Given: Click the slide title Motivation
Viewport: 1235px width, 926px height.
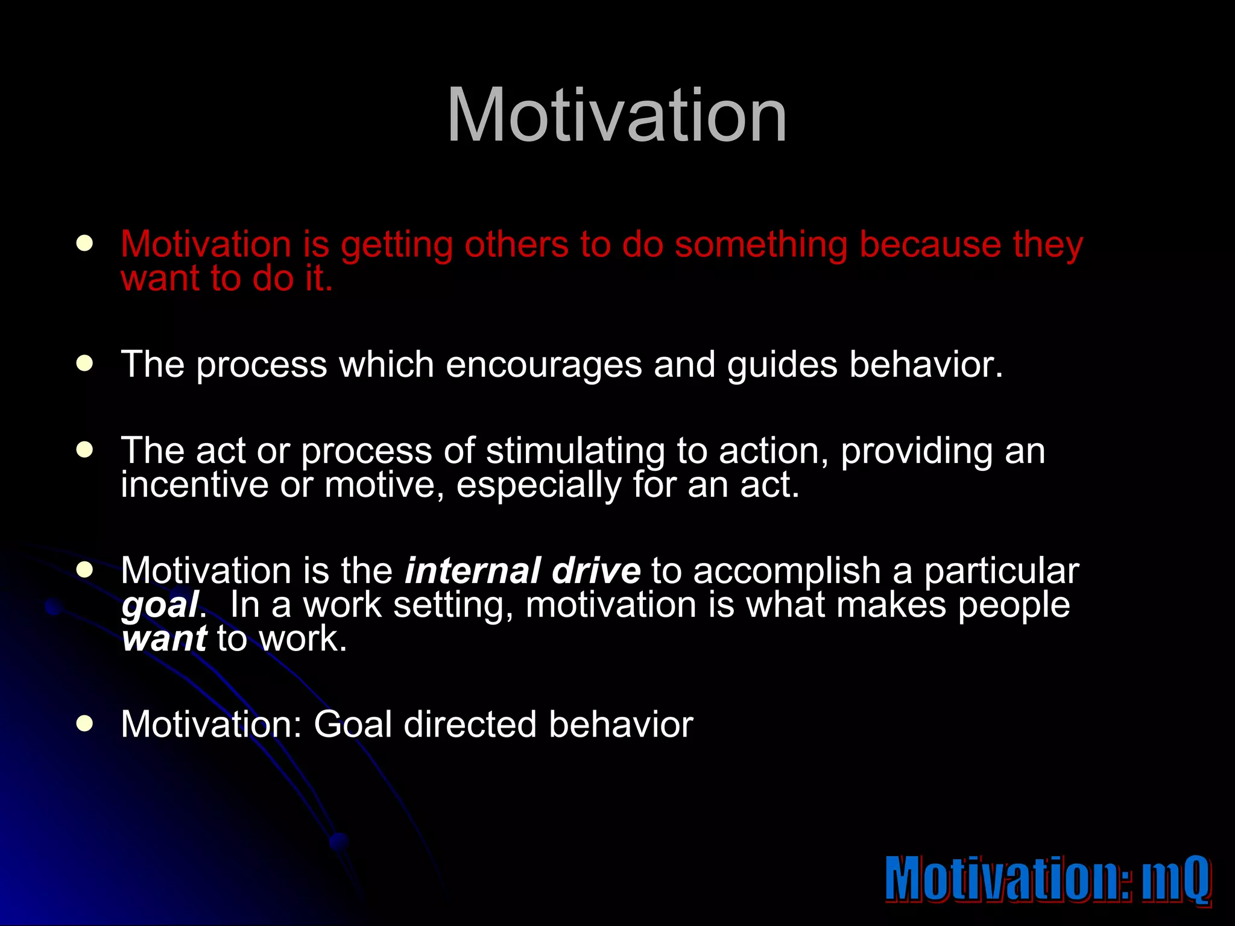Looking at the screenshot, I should (616, 116).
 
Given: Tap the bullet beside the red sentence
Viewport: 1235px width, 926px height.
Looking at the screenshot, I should (84, 244).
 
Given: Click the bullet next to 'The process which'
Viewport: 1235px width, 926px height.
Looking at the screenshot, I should (84, 364).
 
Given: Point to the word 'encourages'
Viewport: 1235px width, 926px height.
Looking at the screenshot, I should (544, 365).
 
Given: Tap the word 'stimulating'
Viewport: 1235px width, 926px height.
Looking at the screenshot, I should (575, 452).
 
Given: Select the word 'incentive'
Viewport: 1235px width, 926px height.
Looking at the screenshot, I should (194, 485).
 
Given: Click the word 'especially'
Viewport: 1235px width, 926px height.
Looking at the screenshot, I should (538, 486).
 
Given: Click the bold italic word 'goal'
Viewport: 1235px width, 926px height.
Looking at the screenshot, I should (160, 606).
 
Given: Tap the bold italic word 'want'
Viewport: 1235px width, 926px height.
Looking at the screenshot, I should (164, 639).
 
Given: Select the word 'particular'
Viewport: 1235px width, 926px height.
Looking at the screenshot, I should (1001, 572).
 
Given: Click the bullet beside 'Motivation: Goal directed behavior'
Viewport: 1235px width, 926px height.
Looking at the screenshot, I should (84, 723).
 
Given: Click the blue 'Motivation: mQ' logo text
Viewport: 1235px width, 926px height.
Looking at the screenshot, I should (1047, 878).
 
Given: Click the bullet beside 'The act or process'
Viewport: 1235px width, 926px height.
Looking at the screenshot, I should (84, 450).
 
